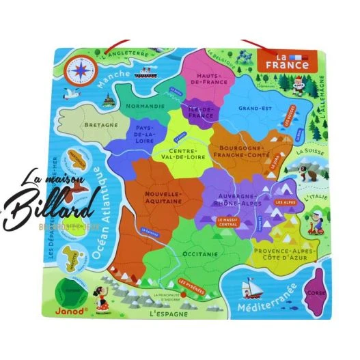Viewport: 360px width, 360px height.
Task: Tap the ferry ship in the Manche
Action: (x=150, y=71)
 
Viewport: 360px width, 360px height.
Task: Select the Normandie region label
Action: (x=144, y=107)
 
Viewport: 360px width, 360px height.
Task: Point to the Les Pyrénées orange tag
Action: (x=191, y=281)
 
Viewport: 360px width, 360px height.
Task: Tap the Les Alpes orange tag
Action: (x=285, y=202)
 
